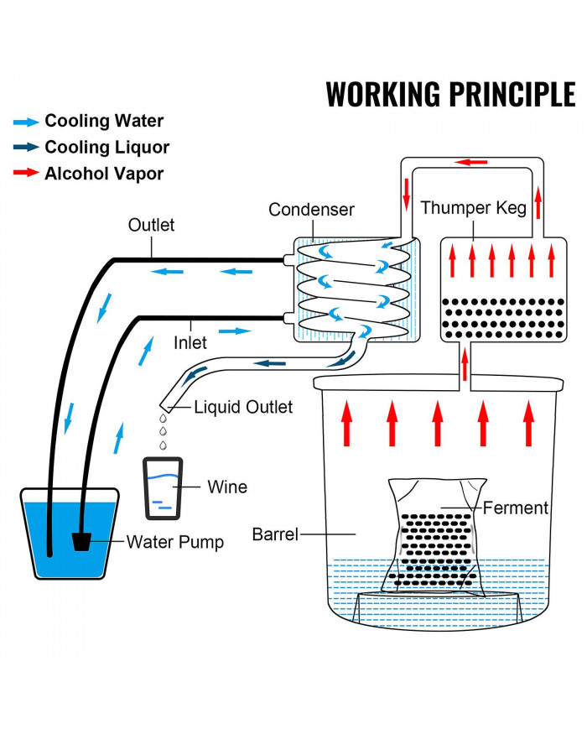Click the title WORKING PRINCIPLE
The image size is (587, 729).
450,94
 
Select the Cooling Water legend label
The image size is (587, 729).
104,121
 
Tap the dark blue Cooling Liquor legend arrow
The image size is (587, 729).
26,148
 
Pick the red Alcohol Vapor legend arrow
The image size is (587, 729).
26,174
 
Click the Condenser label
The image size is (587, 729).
311,210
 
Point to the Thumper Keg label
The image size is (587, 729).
474,207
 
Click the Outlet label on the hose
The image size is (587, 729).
151,225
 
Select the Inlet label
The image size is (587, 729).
190,342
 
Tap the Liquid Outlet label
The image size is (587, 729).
243,408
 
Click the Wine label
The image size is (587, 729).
226,487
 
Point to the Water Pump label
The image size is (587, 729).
175,542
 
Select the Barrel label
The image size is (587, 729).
275,534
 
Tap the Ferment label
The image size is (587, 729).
516,508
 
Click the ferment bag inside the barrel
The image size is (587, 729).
433,537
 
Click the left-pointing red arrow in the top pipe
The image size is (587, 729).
471,161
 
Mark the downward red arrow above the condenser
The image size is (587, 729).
407,192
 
